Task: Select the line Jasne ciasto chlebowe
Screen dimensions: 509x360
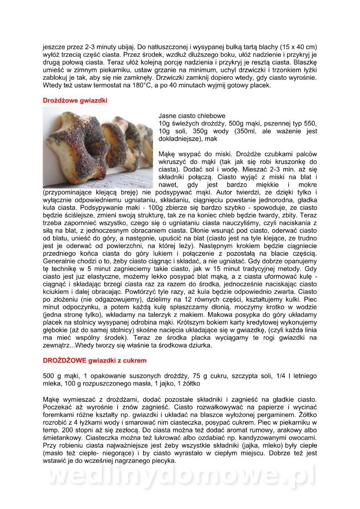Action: (192, 116)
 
